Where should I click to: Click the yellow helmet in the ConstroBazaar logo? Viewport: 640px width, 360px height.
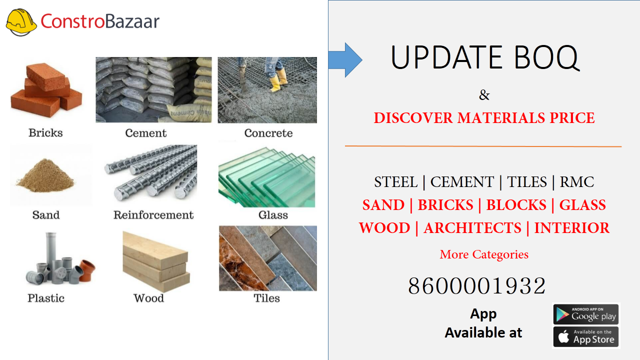point(21,22)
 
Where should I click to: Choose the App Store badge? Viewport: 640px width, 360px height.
point(586,337)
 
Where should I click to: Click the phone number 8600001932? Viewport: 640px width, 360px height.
point(477,286)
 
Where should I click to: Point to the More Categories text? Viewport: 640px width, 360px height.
point(483,254)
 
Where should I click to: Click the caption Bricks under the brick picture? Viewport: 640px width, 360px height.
point(45,133)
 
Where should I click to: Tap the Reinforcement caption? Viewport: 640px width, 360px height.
point(153,215)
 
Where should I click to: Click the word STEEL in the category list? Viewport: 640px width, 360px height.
point(395,182)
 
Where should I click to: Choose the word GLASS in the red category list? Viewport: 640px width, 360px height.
point(582,205)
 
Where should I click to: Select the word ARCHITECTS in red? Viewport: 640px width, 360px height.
point(472,228)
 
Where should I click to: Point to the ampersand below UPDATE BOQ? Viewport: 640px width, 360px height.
point(484,95)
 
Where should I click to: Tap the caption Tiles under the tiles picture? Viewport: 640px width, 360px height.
point(266,298)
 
